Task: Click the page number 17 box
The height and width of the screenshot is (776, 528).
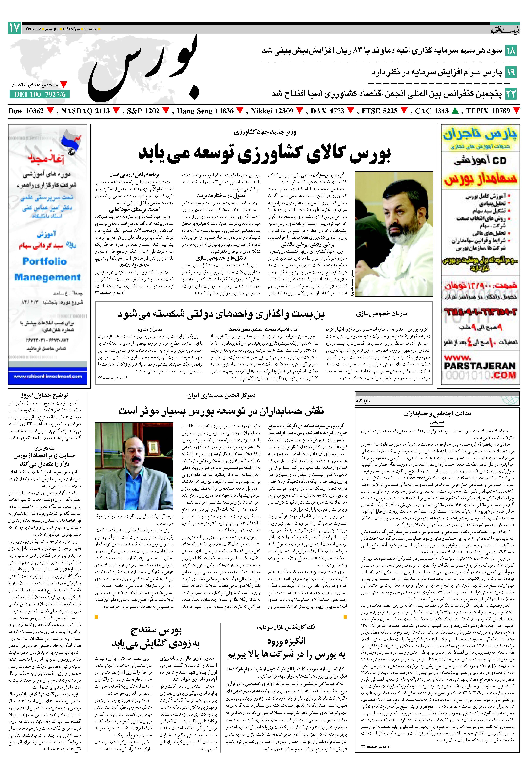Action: (14, 28)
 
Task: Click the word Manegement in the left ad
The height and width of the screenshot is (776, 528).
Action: (47, 277)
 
